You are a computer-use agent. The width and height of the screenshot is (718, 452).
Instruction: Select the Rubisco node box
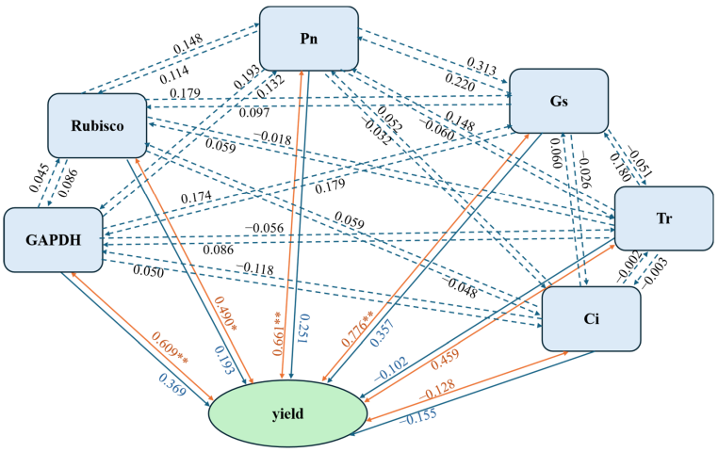pyautogui.click(x=98, y=125)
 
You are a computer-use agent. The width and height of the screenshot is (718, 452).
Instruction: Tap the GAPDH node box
pyautogui.click(x=53, y=239)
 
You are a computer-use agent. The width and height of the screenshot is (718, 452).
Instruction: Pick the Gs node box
pyautogui.click(x=559, y=100)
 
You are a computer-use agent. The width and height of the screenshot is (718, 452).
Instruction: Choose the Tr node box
pyautogui.click(x=663, y=218)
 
